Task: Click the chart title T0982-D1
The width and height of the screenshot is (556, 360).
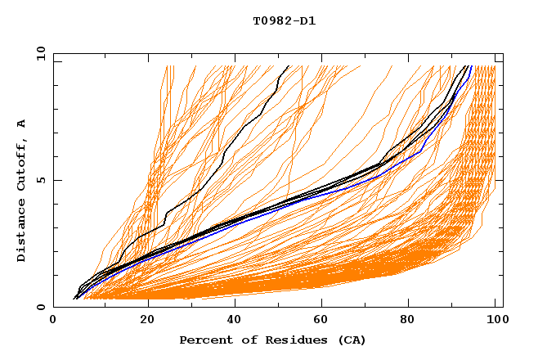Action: pos(284,20)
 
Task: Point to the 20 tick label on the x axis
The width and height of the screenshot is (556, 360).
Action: pos(147,321)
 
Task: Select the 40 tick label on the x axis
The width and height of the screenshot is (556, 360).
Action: pos(235,321)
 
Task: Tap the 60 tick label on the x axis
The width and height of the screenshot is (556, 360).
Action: pos(323,321)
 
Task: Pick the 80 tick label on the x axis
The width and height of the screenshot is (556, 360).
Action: pos(411,321)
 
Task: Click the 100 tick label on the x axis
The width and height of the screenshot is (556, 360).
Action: pos(496,321)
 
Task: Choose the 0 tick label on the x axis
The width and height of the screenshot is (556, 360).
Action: pos(53,321)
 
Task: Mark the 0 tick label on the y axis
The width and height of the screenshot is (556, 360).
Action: pos(39,308)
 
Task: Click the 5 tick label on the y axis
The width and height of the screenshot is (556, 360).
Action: pos(39,180)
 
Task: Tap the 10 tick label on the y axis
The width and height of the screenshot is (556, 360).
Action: pos(38,53)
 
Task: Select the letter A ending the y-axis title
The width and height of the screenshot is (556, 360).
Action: pos(21,124)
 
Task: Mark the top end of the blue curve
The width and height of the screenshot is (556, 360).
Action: pos(472,66)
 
